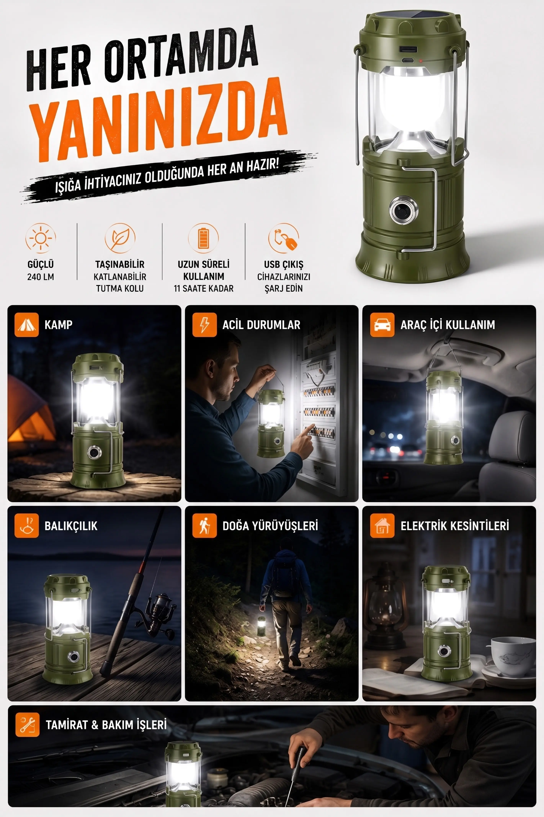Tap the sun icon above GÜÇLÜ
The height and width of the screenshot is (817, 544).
tap(41, 238)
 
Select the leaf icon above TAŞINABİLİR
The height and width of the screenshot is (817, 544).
tap(120, 238)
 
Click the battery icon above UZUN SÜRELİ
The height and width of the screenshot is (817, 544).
tap(203, 238)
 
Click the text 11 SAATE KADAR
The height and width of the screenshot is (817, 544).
tap(204, 289)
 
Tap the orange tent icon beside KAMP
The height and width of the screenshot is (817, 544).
tap(26, 325)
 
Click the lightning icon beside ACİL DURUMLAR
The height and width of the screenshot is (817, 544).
tap(205, 325)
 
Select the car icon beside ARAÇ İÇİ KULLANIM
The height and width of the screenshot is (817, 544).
tap(382, 325)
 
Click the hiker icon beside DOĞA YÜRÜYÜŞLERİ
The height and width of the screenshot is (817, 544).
tap(205, 526)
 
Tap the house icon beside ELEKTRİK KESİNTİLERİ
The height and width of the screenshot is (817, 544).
tap(382, 526)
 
